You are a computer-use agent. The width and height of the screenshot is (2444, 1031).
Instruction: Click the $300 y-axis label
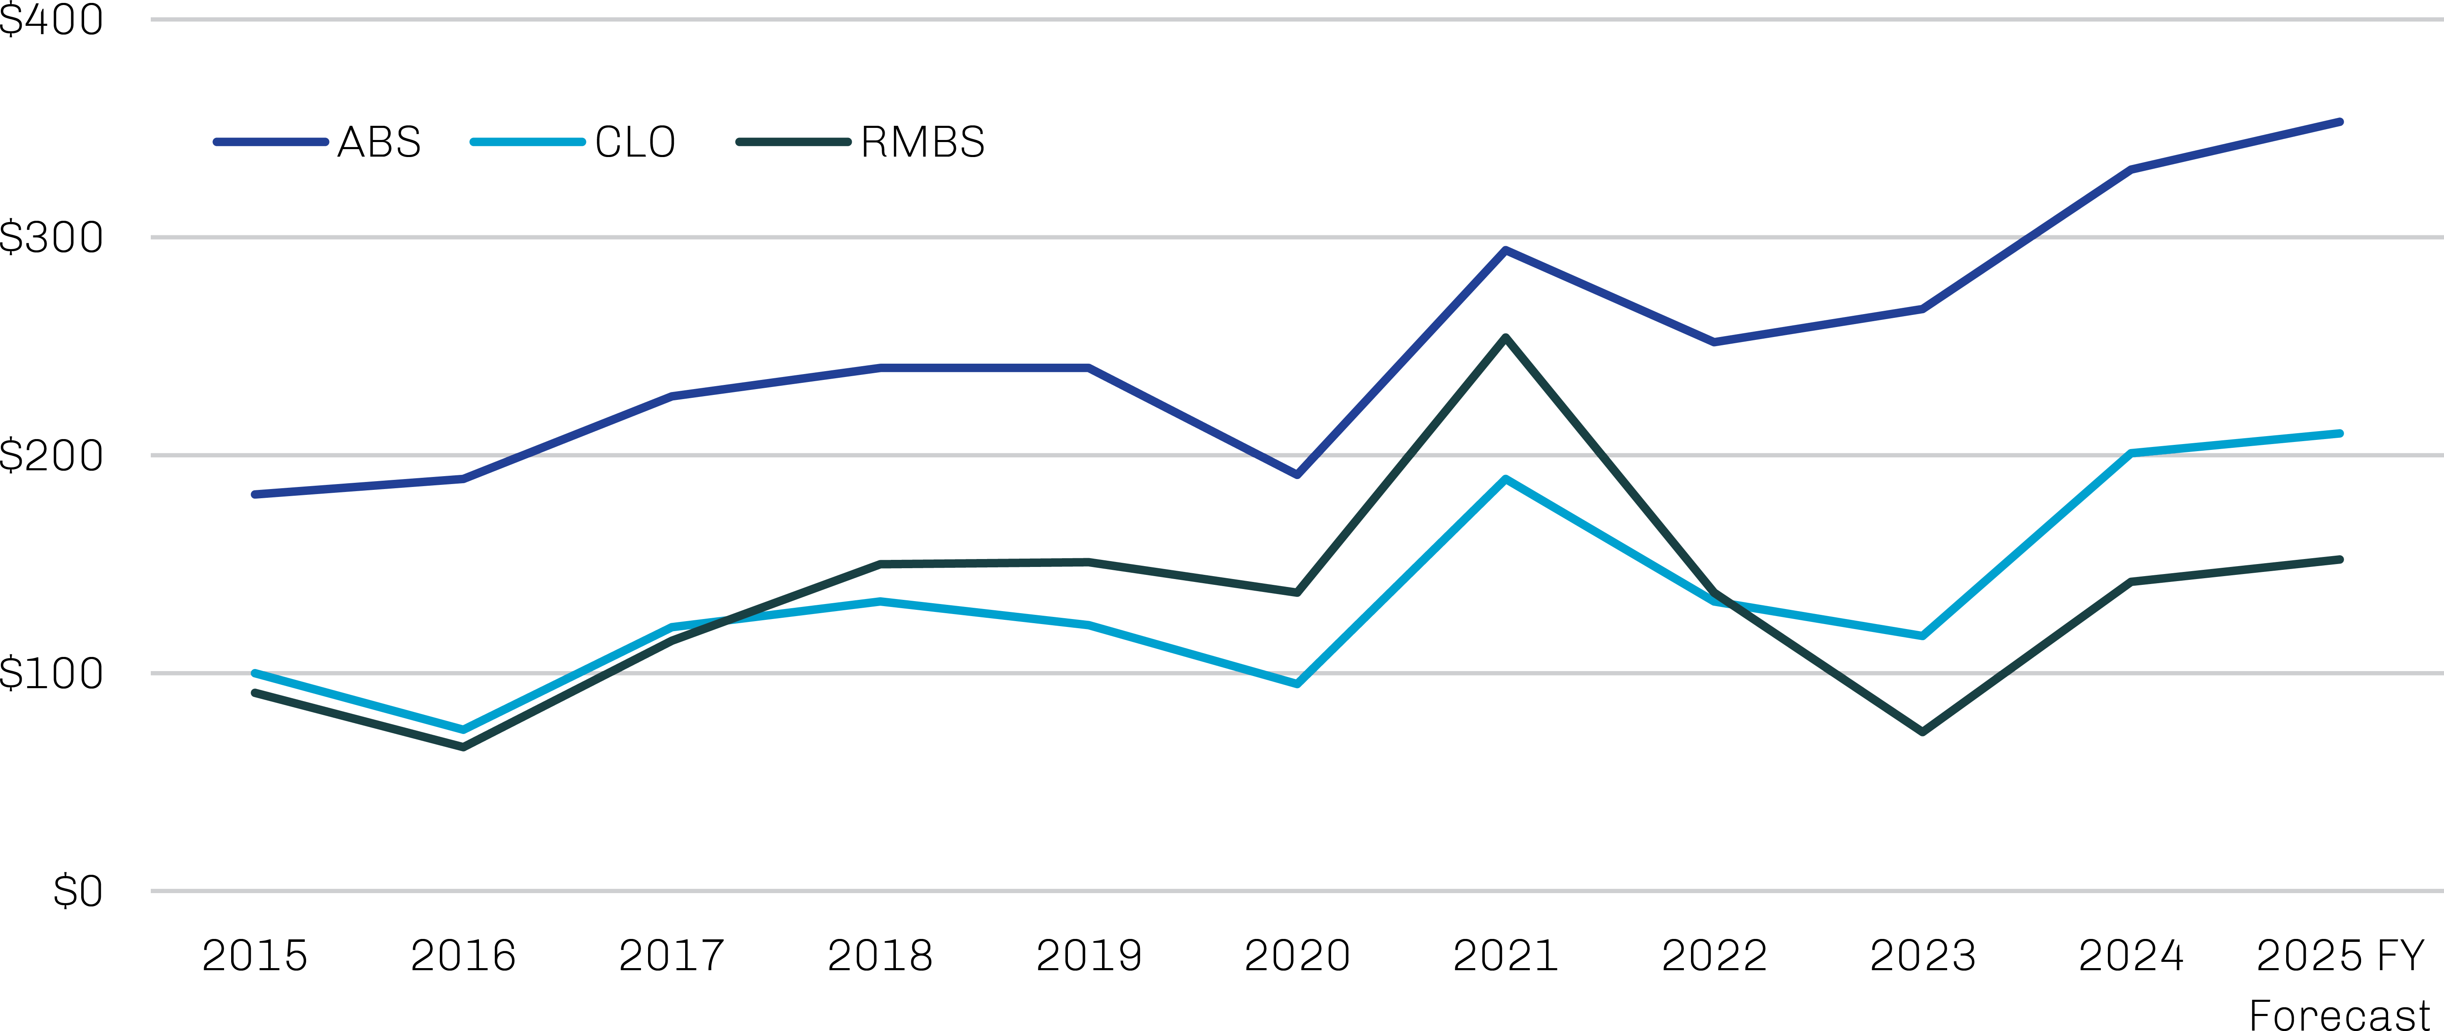click(x=51, y=237)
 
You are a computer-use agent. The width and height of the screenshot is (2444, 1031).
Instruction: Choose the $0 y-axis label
click(x=78, y=891)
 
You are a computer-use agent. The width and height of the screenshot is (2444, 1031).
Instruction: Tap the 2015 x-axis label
click(x=254, y=955)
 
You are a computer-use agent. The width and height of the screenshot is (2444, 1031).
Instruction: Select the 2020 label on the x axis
click(x=1297, y=955)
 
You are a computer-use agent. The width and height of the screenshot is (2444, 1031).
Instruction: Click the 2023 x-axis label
click(x=1922, y=955)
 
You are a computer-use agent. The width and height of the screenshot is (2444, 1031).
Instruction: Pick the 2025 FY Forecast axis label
click(x=2339, y=982)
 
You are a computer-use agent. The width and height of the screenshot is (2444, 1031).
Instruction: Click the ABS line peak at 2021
click(x=1506, y=250)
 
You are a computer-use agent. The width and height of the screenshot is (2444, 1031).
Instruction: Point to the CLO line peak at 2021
click(x=1506, y=479)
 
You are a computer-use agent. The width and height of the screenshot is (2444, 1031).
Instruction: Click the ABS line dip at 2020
click(x=1297, y=474)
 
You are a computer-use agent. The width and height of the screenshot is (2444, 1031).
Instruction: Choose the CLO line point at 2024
click(x=2131, y=453)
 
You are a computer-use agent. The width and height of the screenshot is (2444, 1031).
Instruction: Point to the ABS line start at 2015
click(x=254, y=494)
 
